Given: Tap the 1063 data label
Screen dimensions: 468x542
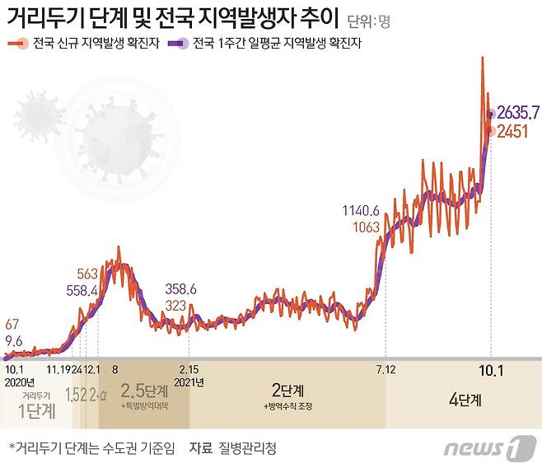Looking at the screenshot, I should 366,227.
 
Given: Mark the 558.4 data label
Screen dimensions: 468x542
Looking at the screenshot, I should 82,290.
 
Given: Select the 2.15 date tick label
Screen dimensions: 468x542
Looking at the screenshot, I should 189,370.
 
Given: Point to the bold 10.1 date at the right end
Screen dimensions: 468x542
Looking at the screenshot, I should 491,370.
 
